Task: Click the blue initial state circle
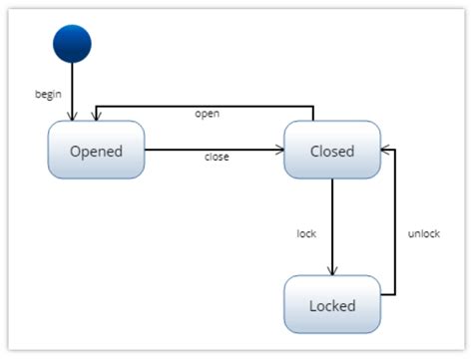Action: (x=72, y=43)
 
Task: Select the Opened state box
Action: (x=96, y=152)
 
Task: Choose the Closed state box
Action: (x=331, y=152)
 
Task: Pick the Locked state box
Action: (x=331, y=304)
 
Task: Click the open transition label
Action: (x=207, y=114)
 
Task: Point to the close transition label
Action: (x=217, y=158)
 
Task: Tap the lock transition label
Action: (x=306, y=233)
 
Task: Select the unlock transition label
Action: (x=424, y=233)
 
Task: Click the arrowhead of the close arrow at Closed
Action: (x=278, y=151)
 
